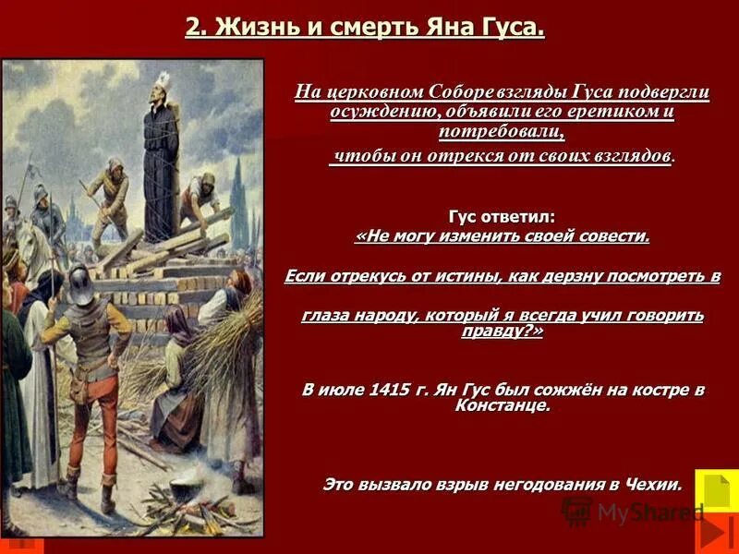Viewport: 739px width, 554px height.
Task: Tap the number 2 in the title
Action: pyautogui.click(x=193, y=26)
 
